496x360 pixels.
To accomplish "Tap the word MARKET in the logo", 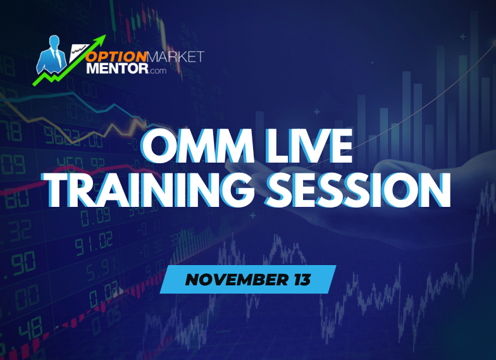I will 178,56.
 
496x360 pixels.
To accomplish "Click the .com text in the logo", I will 157,70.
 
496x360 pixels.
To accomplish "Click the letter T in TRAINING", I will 63,190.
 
